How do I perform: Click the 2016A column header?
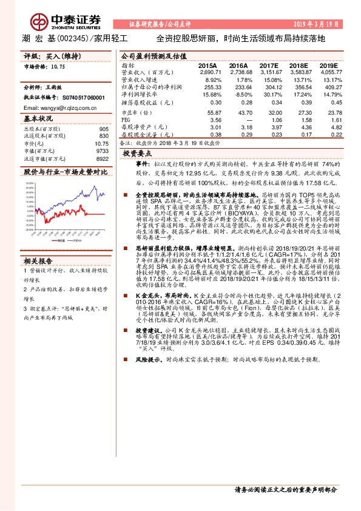coord(238,65)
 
